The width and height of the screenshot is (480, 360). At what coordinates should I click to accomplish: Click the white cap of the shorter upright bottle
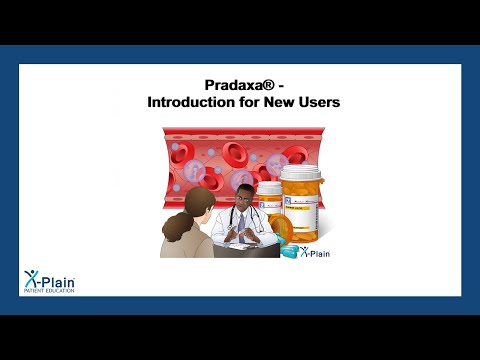click(270, 186)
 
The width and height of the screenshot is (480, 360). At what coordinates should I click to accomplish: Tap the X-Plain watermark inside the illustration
click(312, 252)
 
